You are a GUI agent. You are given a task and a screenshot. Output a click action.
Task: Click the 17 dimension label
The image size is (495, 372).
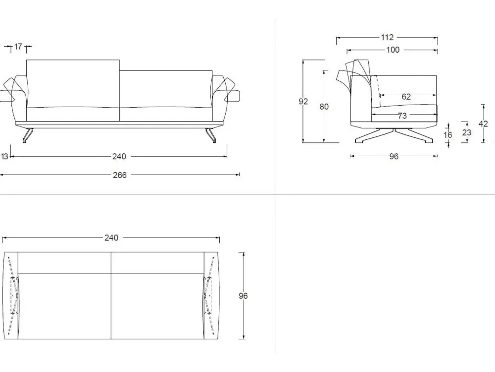[x=18, y=47]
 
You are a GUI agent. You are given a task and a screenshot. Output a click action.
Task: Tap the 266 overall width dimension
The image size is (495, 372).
[x=120, y=175]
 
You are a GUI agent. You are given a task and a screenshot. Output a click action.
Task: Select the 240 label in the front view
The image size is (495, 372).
[x=119, y=157]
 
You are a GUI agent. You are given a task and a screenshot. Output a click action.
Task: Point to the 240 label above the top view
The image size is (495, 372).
[x=111, y=238]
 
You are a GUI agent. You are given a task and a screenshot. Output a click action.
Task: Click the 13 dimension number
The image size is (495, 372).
[x=4, y=157]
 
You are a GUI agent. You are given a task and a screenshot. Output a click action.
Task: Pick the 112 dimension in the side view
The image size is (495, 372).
[x=387, y=37]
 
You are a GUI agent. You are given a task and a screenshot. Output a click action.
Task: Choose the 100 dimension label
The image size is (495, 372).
[x=393, y=50]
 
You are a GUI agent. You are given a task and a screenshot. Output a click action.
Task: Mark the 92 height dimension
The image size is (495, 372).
[x=303, y=102]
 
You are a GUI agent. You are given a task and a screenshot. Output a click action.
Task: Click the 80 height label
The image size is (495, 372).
[x=324, y=107]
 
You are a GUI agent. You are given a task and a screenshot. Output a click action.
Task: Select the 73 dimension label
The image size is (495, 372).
[x=402, y=116]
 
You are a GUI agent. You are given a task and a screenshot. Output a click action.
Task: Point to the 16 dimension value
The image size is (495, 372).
[x=448, y=135]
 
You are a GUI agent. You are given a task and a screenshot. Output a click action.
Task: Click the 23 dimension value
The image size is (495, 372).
[x=467, y=133]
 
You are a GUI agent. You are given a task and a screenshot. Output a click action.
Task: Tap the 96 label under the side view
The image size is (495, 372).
[x=394, y=157]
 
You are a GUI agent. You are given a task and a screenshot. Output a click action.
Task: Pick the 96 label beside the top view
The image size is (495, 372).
[x=243, y=296]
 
